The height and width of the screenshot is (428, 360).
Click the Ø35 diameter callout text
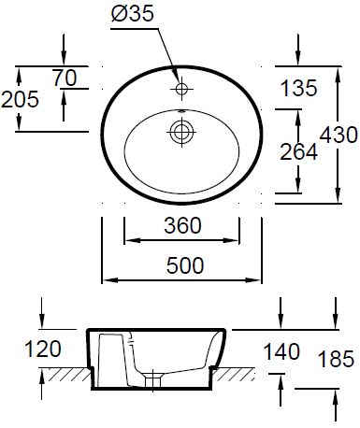(133, 14)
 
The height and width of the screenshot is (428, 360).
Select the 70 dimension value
(65, 78)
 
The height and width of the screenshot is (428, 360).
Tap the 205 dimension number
(20, 99)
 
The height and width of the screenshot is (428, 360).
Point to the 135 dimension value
(298, 88)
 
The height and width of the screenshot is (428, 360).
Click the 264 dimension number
(298, 152)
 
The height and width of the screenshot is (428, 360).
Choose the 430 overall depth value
(338, 135)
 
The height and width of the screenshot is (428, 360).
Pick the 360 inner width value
(182, 225)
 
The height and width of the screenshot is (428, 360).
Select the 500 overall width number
(185, 265)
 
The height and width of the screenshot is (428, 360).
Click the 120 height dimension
(43, 349)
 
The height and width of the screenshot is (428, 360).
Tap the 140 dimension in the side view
(281, 351)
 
